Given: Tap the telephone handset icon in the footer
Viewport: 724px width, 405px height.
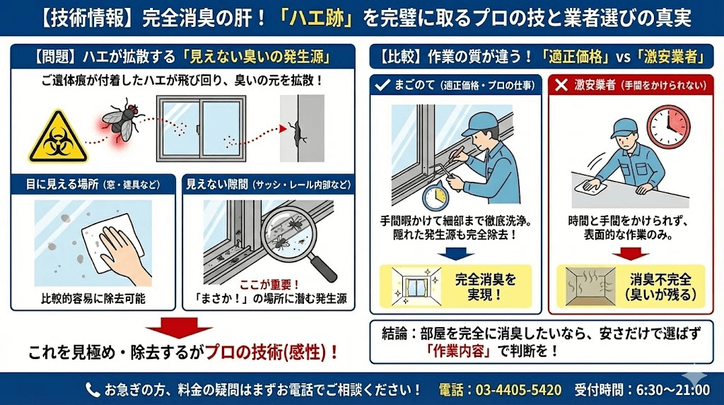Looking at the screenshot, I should (93, 389).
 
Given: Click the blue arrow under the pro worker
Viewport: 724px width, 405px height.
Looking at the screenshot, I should (455, 253).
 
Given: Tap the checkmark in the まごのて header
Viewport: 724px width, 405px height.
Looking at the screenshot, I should (383, 84).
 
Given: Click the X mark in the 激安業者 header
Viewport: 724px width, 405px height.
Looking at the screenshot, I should (561, 84).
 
